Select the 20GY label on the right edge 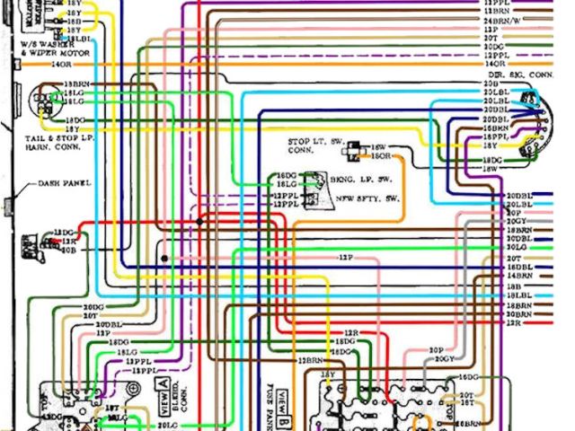point(516,221)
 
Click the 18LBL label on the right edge point(518,295)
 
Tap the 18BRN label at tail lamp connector point(75,84)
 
